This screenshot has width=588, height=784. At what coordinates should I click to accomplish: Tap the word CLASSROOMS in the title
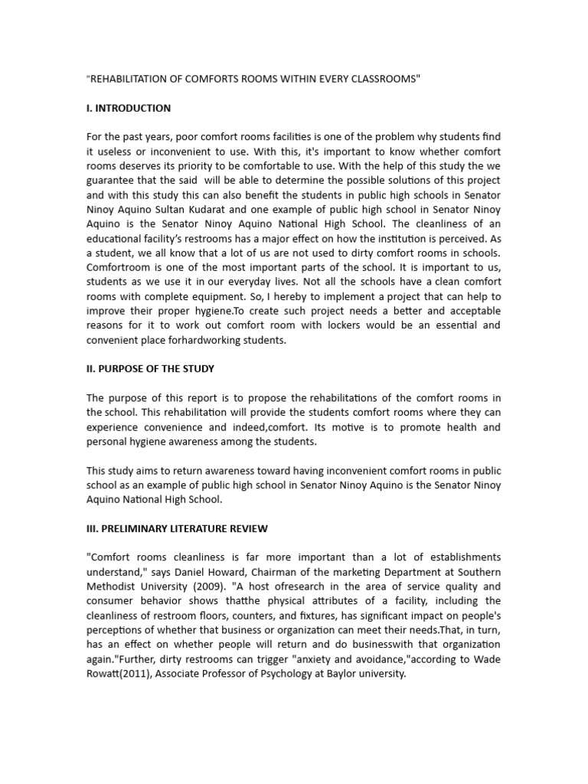[383, 79]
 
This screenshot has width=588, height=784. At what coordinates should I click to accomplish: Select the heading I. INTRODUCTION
[128, 108]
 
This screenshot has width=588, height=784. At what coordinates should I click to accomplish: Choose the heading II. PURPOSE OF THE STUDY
[150, 368]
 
